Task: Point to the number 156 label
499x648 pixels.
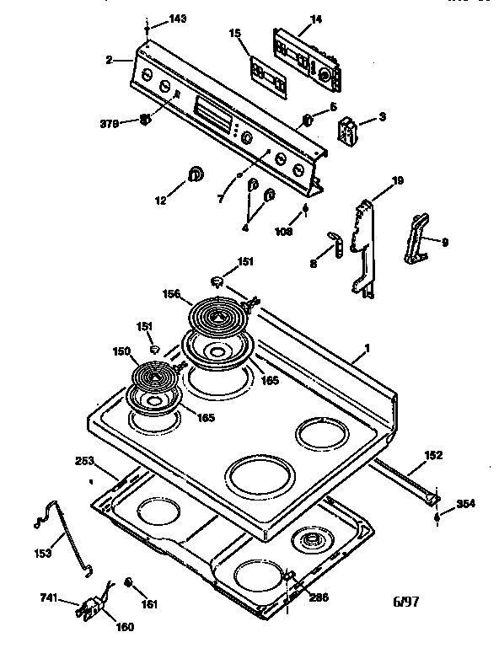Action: pos(171,294)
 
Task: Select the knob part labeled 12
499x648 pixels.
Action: pos(196,174)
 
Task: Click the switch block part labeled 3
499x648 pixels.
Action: pos(346,131)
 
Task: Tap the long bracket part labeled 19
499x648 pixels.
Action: pos(363,249)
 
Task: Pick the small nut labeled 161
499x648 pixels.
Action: pos(130,582)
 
